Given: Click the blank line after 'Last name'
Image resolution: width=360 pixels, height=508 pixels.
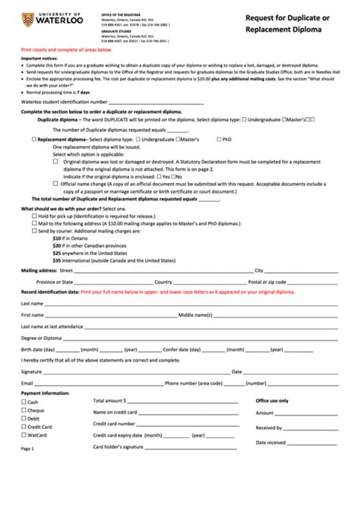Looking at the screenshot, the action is (190, 303).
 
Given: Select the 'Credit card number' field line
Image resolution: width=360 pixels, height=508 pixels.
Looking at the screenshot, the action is (190, 424).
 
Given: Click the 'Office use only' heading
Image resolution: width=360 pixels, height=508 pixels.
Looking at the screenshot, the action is (272, 400).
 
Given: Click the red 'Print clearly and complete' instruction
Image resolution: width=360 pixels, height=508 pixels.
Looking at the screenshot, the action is (67, 49).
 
